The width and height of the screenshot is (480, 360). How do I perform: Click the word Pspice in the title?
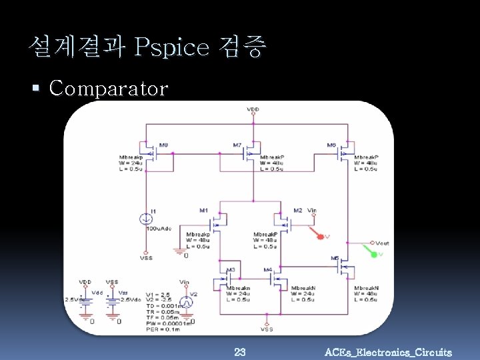(x=172, y=47)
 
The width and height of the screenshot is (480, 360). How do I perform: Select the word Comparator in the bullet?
(x=109, y=88)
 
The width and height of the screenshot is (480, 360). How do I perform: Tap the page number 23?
(x=240, y=351)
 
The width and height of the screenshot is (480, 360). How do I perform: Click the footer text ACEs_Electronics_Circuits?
(x=387, y=352)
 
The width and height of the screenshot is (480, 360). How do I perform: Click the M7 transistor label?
(x=238, y=145)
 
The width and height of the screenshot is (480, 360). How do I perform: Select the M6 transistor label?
(x=331, y=145)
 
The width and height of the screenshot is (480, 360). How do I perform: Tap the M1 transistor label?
(x=203, y=211)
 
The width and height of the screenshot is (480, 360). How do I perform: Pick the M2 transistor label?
(x=297, y=211)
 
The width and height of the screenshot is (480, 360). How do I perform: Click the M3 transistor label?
(x=231, y=270)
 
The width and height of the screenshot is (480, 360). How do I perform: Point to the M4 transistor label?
(x=267, y=270)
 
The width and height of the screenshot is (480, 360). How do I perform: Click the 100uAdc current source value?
(x=159, y=228)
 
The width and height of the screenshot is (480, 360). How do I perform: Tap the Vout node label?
(x=383, y=243)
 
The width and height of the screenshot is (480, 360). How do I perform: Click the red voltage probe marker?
(x=321, y=237)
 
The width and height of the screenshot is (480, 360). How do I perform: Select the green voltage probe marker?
(x=372, y=254)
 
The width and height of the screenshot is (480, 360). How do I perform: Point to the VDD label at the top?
(x=253, y=109)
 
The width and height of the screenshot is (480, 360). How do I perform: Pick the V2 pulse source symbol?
(x=187, y=301)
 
